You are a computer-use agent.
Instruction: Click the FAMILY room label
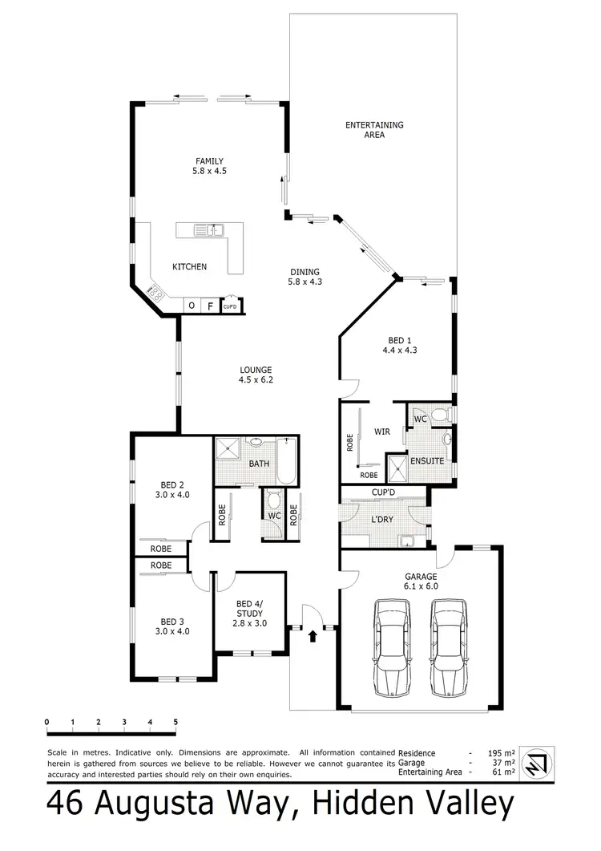(x=208, y=165)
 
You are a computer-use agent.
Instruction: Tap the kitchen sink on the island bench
(x=212, y=231)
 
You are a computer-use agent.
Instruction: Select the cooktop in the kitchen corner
(x=156, y=294)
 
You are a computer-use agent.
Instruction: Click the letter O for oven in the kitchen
(x=192, y=306)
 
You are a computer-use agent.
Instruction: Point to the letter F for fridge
(x=210, y=306)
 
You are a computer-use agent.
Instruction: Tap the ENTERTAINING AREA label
(x=373, y=130)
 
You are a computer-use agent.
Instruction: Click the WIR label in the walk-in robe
(x=381, y=432)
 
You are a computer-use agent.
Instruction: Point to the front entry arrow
(x=313, y=637)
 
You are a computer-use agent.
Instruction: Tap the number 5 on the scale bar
(x=175, y=723)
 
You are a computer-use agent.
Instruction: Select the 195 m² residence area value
(x=499, y=753)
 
